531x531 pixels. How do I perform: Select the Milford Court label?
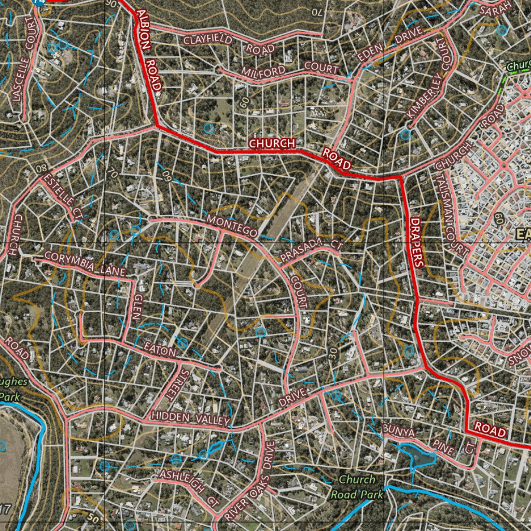click(x=290, y=68)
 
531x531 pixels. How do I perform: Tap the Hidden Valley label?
click(x=190, y=418)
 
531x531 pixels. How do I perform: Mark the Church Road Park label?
click(x=357, y=487)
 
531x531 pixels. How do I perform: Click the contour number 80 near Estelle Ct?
click(x=42, y=169)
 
